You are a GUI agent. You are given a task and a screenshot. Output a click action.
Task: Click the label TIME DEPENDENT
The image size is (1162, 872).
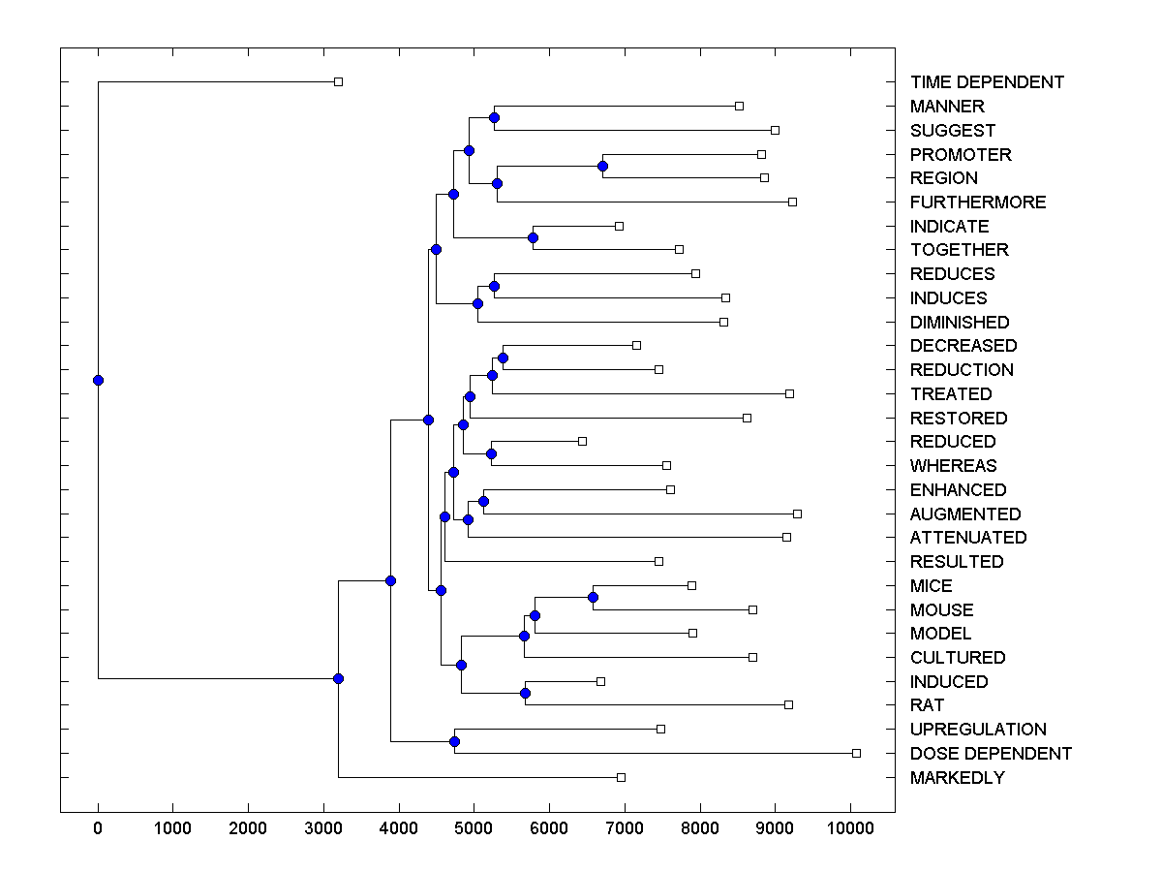coord(987,82)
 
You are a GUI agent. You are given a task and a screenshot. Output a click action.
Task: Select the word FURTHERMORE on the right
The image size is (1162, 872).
coord(978,202)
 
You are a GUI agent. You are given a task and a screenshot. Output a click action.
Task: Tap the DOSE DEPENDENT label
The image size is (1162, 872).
coord(991,754)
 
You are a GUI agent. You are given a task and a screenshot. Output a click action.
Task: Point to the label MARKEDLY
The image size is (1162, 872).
coord(957,778)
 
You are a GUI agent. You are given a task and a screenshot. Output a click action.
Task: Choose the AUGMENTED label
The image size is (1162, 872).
coord(964,514)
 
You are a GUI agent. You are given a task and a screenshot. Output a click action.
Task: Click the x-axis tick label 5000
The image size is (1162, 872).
coord(474,828)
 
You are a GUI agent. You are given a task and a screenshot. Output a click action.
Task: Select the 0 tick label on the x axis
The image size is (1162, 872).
coord(98,828)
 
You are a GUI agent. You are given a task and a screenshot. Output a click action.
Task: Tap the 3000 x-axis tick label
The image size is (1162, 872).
coord(323,828)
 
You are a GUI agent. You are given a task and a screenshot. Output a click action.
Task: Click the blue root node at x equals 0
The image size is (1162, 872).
coord(98,380)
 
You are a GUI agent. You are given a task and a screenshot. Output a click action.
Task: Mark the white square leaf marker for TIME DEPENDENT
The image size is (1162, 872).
coord(338,82)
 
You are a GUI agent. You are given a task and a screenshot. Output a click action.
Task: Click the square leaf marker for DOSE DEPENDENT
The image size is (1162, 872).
coord(856,753)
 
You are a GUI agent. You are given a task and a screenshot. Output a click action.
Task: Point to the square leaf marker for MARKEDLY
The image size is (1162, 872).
coord(621,777)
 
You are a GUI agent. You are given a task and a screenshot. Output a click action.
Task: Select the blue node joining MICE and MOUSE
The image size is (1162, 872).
coord(593,597)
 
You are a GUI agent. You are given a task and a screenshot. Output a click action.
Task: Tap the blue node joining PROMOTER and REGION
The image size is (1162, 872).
coord(602,166)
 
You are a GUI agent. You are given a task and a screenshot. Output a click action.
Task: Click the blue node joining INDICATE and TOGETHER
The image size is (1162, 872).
coord(533,237)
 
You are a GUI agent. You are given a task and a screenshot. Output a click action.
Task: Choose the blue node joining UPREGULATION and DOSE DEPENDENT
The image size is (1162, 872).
coord(454,741)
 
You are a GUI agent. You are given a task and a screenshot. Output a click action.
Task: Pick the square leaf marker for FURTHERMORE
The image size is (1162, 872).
coord(792,202)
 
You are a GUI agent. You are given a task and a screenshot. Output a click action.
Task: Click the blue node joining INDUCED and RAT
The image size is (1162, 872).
coord(525,693)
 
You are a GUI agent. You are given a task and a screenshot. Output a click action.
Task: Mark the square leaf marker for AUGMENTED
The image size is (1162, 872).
coord(797,514)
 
